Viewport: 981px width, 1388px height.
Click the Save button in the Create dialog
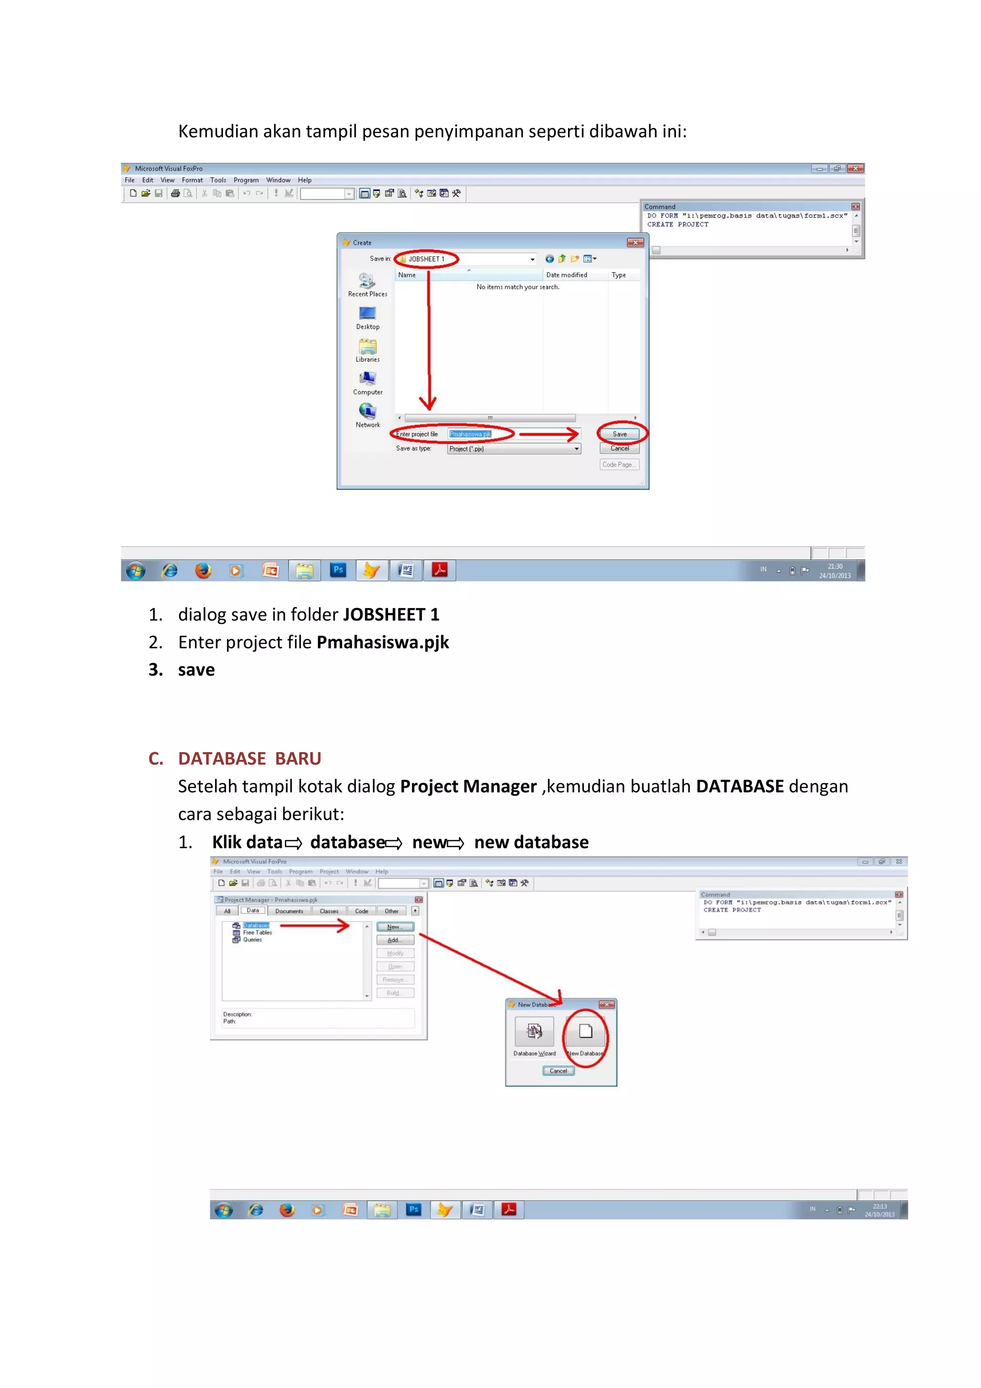coord(619,434)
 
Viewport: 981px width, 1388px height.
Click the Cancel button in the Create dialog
coord(619,448)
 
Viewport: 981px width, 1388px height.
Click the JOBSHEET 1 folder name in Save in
coord(426,259)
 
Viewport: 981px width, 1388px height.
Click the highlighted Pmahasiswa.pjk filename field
coord(470,434)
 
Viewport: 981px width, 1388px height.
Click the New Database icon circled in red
coord(585,1032)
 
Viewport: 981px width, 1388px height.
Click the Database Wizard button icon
coord(534,1032)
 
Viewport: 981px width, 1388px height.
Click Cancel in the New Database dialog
coord(558,1071)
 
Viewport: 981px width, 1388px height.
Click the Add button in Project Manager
coord(395,940)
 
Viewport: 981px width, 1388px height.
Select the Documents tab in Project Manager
coord(289,911)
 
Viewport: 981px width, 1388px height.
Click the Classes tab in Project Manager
coord(329,911)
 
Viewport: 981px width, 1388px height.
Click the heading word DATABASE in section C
coord(222,758)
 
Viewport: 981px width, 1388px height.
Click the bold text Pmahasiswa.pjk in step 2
coord(383,642)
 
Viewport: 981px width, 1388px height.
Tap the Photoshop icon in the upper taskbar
coord(338,570)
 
